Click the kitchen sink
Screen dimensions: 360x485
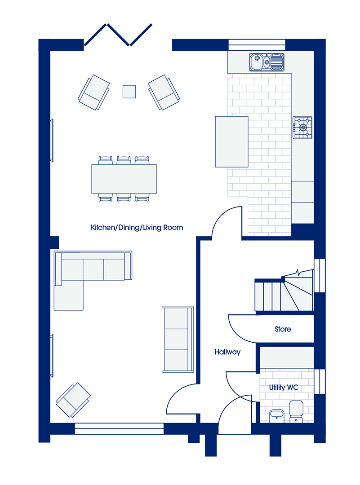267,62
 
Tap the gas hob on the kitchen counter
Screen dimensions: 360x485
302,128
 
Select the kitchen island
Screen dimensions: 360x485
232,141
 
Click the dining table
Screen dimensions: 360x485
124,179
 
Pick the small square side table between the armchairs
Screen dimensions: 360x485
129,92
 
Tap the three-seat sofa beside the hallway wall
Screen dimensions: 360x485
178,339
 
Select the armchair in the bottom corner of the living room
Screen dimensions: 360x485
73,400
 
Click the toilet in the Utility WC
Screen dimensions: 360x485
296,411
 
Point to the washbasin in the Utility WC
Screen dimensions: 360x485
277,416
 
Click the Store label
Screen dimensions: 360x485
283,329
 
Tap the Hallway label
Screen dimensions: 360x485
227,352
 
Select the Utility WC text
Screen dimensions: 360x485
284,388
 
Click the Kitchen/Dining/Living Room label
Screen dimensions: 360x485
137,228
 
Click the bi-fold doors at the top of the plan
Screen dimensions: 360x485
118,35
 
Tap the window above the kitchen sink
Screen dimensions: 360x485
257,44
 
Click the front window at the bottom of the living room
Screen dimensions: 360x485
119,429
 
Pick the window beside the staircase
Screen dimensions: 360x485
320,276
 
